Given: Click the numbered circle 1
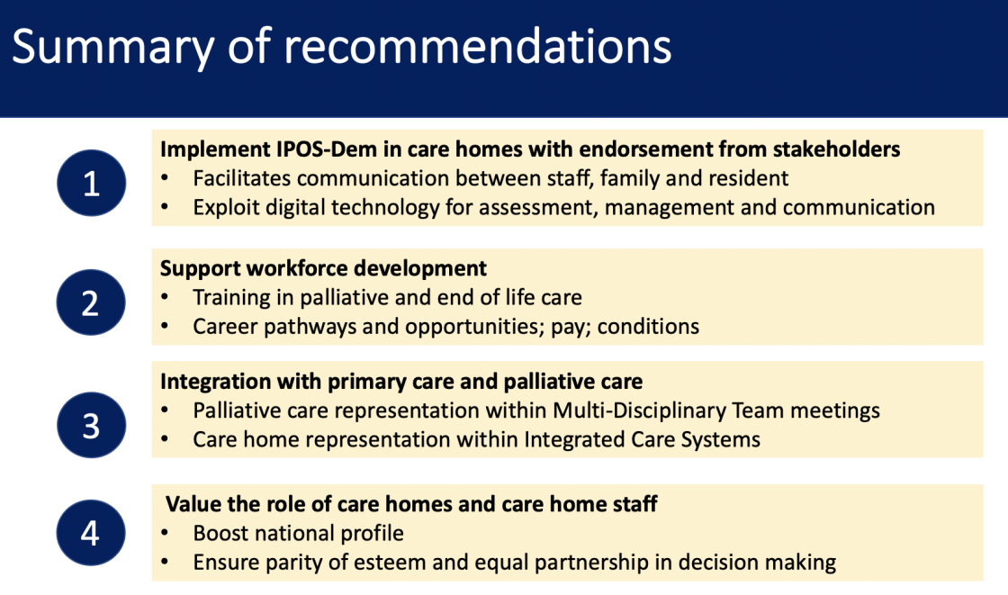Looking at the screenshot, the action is tap(91, 183).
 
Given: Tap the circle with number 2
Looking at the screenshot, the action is tap(91, 302).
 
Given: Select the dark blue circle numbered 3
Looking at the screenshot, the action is tap(91, 425).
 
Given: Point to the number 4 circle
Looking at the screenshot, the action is tap(91, 533).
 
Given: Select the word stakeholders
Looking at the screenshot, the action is tap(836, 149).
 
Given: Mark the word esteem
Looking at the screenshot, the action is tap(388, 563).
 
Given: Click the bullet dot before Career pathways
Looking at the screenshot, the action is tap(166, 327).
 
